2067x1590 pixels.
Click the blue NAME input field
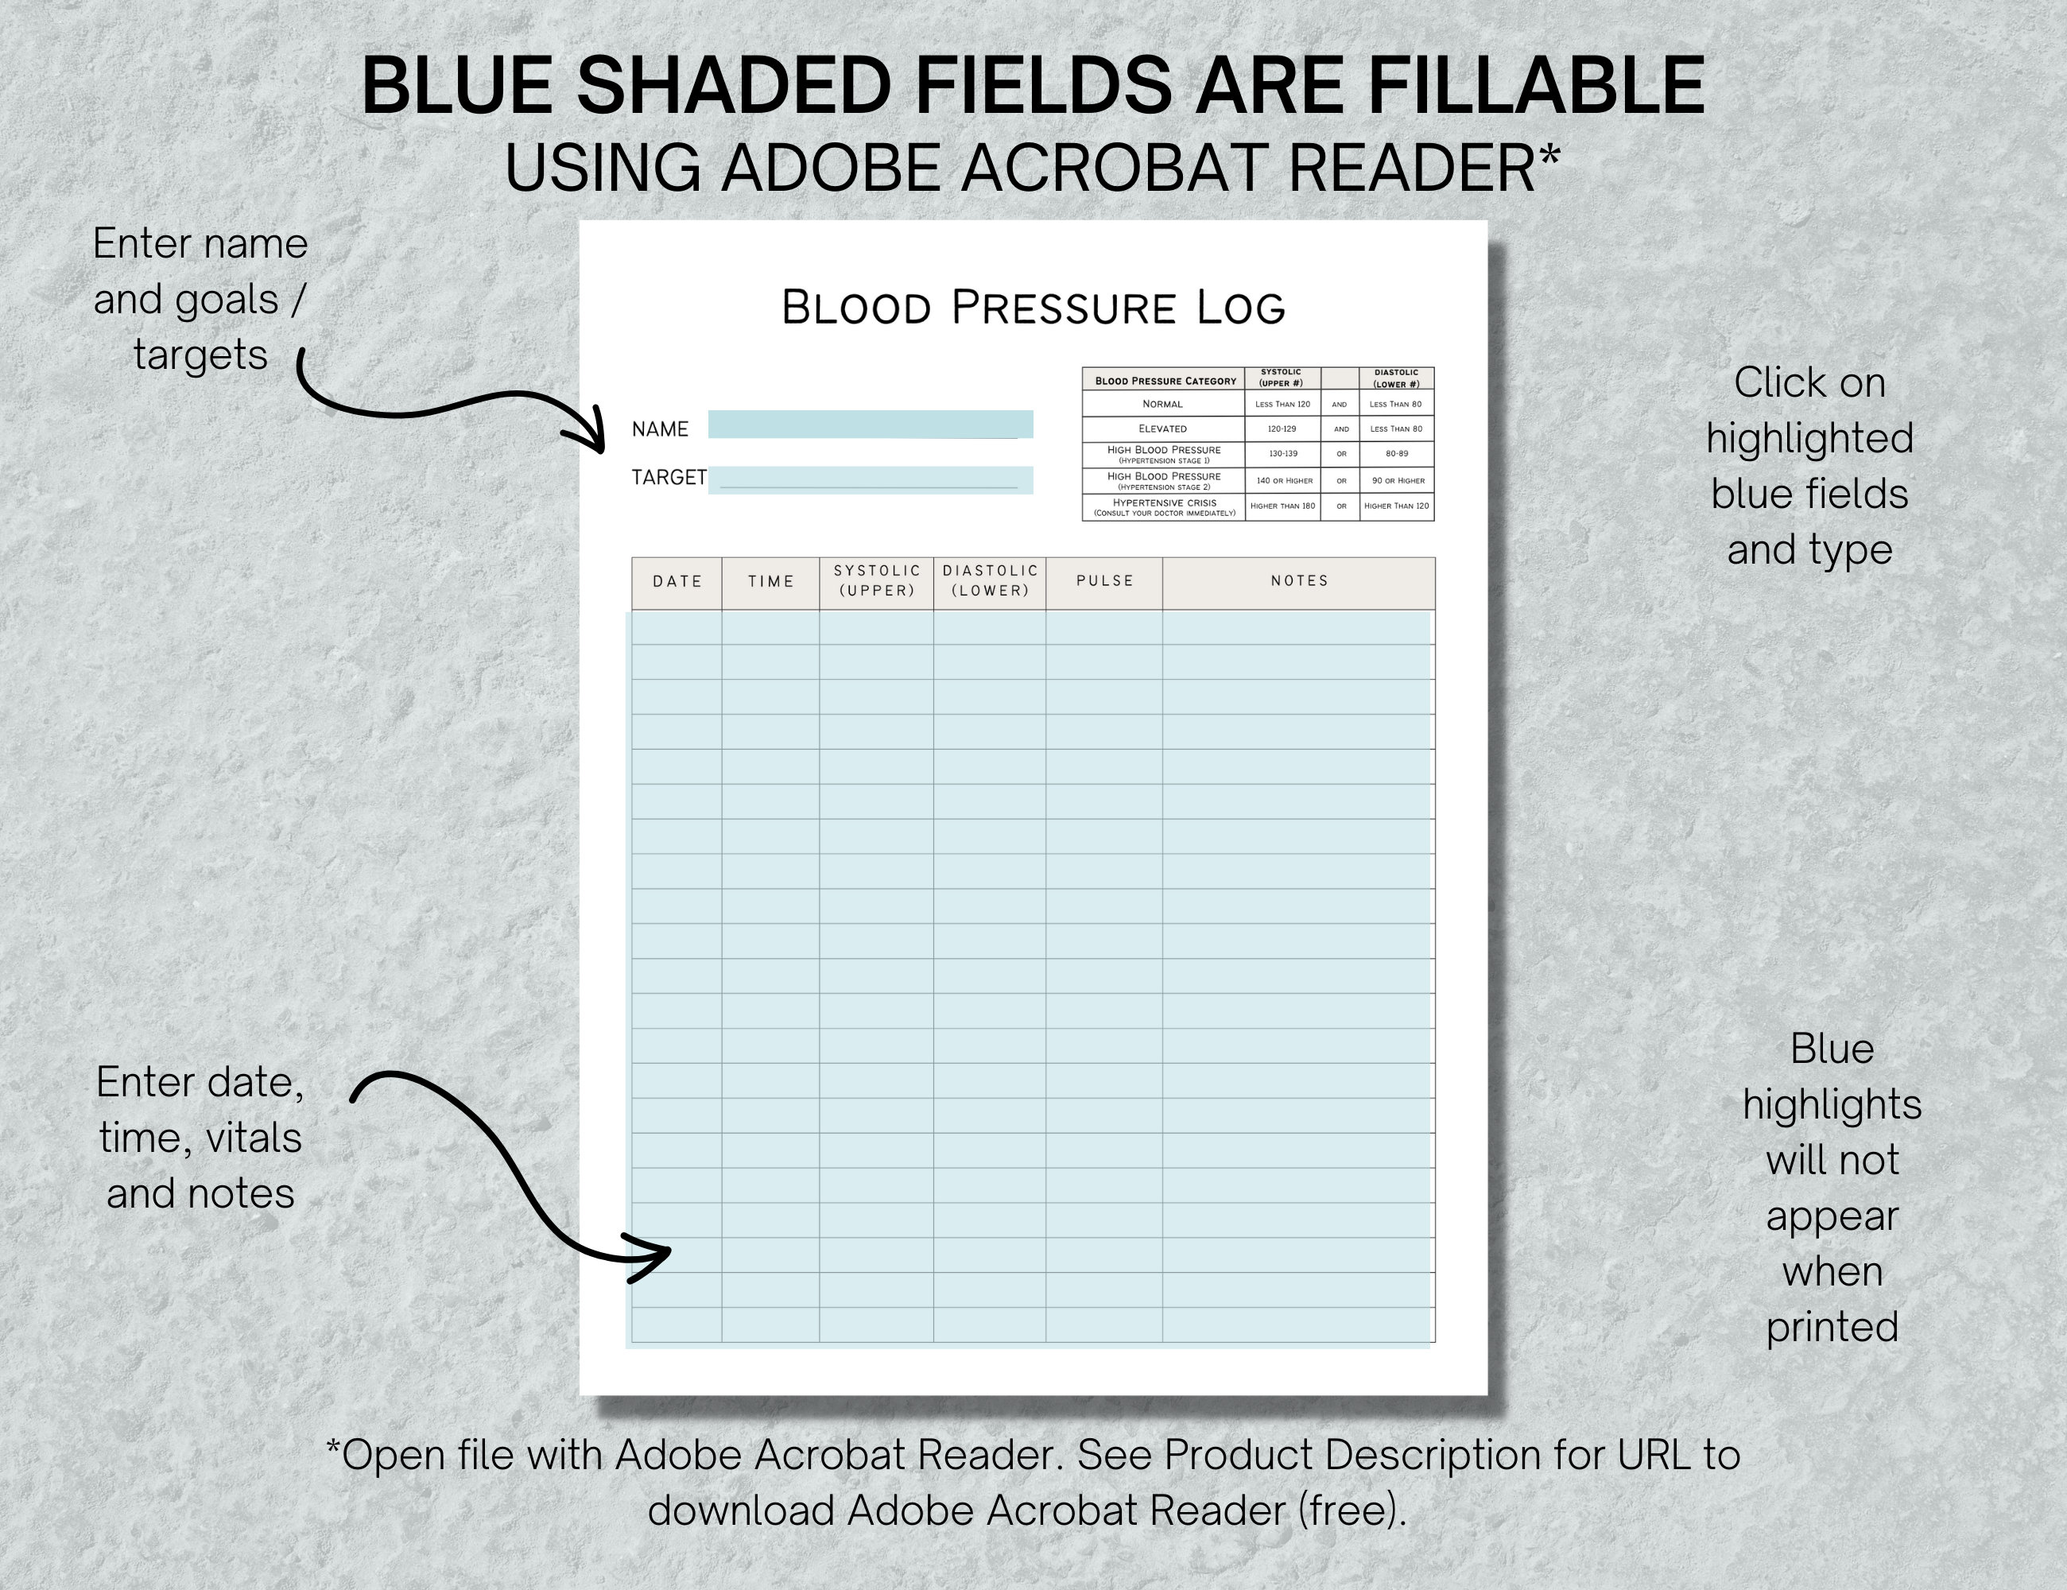click(x=870, y=424)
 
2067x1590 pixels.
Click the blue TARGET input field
click(x=870, y=480)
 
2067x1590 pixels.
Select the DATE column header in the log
click(x=677, y=582)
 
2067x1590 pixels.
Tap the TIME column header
click(x=770, y=582)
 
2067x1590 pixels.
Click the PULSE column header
click(x=1104, y=581)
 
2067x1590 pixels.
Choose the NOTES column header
click(x=1300, y=581)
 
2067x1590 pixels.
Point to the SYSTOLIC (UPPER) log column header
click(x=876, y=581)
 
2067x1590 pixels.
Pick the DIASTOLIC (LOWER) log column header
click(x=990, y=581)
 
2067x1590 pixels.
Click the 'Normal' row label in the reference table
click(x=1162, y=404)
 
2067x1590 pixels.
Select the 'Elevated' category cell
click(x=1162, y=429)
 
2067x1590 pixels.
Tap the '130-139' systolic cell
click(x=1282, y=454)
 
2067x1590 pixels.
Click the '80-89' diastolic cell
click(x=1396, y=454)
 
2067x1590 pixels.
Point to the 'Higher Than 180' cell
click(x=1282, y=506)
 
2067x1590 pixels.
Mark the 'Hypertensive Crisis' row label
click(x=1164, y=507)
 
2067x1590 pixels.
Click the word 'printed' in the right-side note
click(x=1832, y=1328)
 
